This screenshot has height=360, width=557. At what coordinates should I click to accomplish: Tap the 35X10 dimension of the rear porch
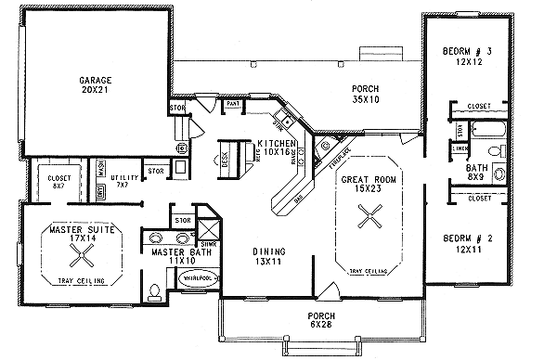[364, 100]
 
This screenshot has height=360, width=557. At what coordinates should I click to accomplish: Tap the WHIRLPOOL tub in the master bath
[198, 277]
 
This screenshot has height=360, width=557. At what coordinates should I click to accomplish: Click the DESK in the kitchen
[225, 154]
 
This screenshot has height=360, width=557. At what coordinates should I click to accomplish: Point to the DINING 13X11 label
[269, 257]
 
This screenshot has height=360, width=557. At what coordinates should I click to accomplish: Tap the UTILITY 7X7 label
[121, 177]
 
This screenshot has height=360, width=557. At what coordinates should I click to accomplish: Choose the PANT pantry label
[233, 105]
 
